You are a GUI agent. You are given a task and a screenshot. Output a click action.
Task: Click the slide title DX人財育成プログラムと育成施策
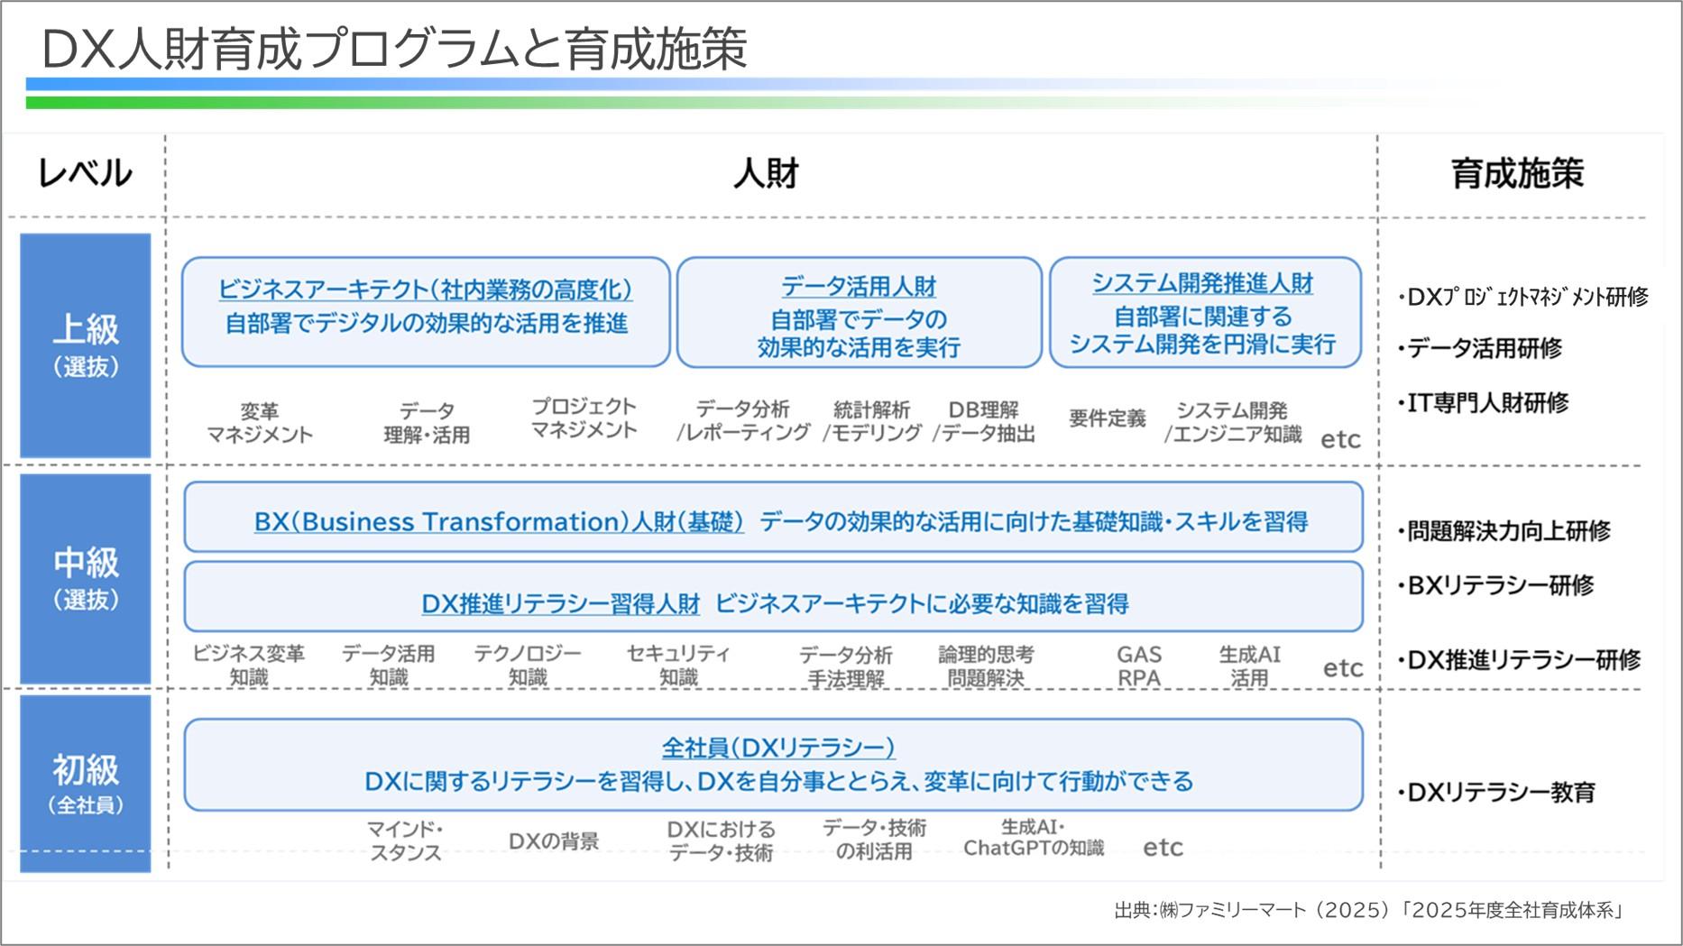[394, 49]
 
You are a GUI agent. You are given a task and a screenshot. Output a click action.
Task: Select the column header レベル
[84, 173]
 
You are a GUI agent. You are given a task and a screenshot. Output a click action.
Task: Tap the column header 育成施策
[1516, 173]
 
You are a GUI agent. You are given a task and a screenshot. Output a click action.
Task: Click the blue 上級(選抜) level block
[86, 345]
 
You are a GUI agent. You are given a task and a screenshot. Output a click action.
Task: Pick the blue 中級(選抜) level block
[86, 578]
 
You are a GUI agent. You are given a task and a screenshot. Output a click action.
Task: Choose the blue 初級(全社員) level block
[86, 783]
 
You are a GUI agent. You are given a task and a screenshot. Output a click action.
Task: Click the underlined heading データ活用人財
[858, 287]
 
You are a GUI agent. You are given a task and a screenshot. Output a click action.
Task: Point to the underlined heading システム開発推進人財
[1202, 283]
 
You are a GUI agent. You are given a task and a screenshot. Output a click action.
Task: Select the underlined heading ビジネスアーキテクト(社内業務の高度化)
[425, 289]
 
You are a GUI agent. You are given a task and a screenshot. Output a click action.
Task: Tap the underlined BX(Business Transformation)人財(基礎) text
[499, 521]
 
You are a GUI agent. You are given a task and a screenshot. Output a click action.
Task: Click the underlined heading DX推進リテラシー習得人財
[560, 603]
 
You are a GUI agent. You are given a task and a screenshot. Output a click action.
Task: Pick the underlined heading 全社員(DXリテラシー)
[777, 747]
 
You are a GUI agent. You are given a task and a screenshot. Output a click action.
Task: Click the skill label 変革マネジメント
[260, 423]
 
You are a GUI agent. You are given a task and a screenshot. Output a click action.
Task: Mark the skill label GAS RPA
[1138, 666]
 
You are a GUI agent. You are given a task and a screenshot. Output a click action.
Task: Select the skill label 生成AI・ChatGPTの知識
[1033, 838]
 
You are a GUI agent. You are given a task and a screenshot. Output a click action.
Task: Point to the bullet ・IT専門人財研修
[1484, 402]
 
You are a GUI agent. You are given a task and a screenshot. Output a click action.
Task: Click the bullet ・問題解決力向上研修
[1504, 531]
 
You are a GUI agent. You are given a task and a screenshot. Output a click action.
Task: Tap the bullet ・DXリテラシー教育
[1497, 792]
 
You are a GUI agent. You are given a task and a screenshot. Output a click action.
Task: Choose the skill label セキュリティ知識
[677, 666]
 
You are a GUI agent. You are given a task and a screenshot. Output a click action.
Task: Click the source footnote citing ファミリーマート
[1368, 910]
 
